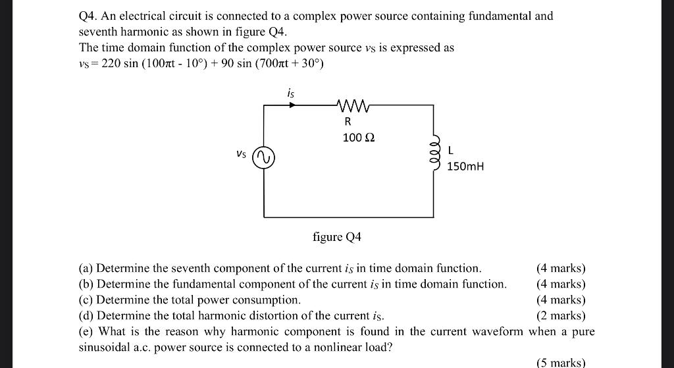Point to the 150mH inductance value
[465, 167]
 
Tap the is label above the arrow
[291, 93]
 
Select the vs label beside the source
[242, 155]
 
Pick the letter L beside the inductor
[450, 151]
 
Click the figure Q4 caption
[337, 237]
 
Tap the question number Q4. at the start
[88, 15]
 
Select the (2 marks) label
[561, 316]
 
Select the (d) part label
[86, 316]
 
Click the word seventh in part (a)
[191, 269]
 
